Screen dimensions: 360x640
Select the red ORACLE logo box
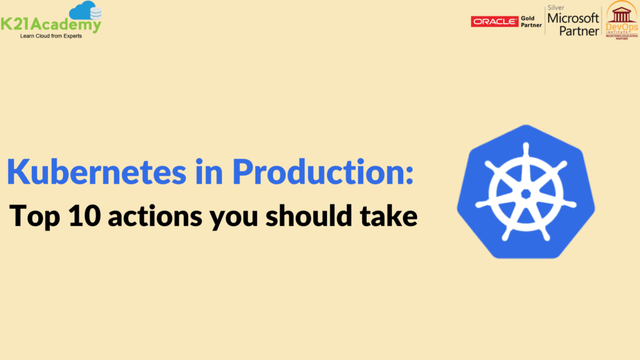tap(494, 22)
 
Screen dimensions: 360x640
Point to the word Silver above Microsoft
tap(556, 6)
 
